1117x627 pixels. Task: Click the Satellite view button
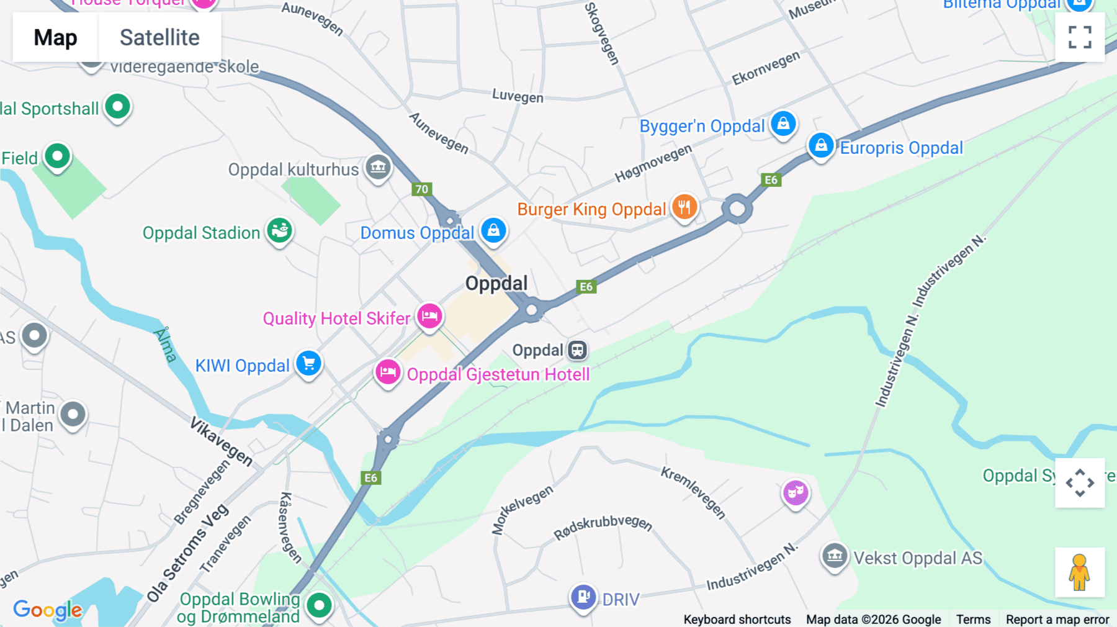pyautogui.click(x=159, y=37)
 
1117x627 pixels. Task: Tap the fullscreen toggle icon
pyautogui.click(x=1080, y=37)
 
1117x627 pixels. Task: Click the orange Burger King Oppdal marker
pyautogui.click(x=684, y=207)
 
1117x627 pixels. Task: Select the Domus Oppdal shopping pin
pyautogui.click(x=493, y=230)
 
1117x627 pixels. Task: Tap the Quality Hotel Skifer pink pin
pyautogui.click(x=429, y=317)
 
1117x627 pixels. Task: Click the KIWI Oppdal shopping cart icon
pyautogui.click(x=308, y=364)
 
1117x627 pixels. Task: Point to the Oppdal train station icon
pyautogui.click(x=577, y=350)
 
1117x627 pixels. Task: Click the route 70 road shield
pyautogui.click(x=422, y=189)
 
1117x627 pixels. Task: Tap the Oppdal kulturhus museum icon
pyautogui.click(x=378, y=167)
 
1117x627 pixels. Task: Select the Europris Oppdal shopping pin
pyautogui.click(x=821, y=146)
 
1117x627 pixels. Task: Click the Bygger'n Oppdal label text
pyautogui.click(x=702, y=126)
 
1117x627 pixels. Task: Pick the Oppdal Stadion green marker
pyautogui.click(x=280, y=231)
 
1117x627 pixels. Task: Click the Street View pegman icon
pyautogui.click(x=1079, y=572)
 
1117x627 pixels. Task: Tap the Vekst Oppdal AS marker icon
pyautogui.click(x=835, y=556)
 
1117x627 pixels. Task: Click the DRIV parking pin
pyautogui.click(x=583, y=597)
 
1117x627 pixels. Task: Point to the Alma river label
pyautogui.click(x=165, y=345)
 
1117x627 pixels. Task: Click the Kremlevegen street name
pyautogui.click(x=693, y=492)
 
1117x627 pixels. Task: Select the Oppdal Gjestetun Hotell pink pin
pyautogui.click(x=388, y=372)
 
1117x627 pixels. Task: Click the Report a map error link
pyautogui.click(x=1057, y=620)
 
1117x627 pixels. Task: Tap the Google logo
pyautogui.click(x=47, y=610)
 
